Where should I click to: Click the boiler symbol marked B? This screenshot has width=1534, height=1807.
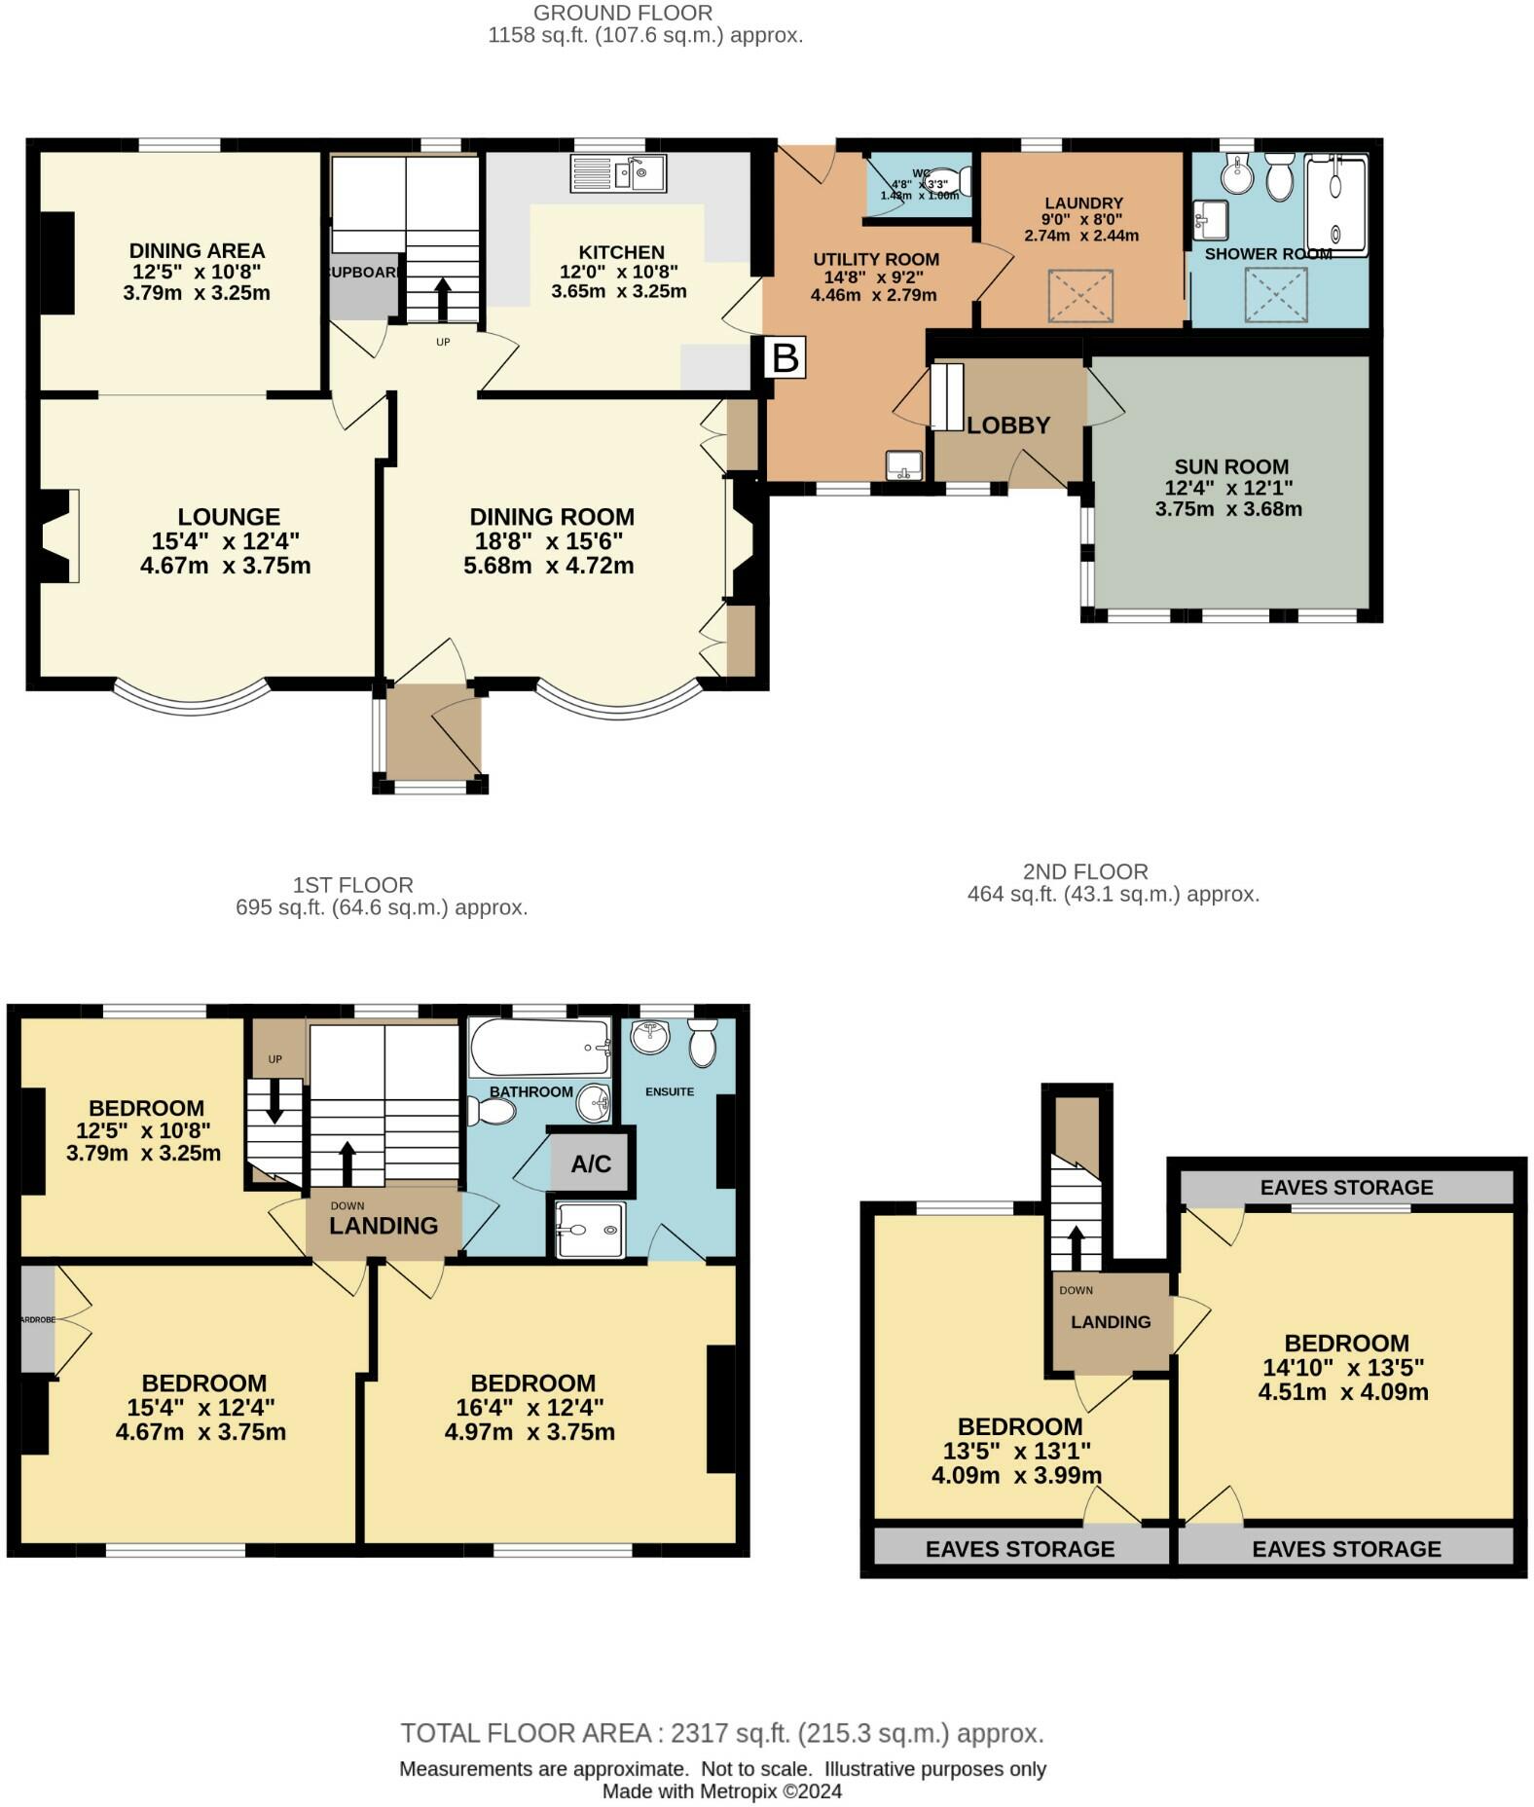785,357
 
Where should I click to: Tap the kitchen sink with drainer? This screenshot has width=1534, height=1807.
617,173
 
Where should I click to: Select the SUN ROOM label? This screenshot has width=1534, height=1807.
1230,466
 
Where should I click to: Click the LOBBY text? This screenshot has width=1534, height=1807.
1008,425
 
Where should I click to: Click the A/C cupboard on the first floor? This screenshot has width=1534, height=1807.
590,1163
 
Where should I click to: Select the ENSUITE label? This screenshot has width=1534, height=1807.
670,1091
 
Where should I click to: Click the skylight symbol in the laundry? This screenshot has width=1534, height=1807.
1079,296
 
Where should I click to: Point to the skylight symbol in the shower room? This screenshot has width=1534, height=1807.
1276,293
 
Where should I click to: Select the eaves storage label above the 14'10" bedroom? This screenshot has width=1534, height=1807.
1346,1187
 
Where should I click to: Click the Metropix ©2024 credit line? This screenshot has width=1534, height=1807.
721,1790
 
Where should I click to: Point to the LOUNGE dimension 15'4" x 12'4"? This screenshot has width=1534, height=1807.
225,541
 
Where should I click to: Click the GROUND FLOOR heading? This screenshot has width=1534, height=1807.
623,13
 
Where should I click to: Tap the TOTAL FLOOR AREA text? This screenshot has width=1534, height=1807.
721,1733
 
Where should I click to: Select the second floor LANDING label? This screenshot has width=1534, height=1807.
1111,1321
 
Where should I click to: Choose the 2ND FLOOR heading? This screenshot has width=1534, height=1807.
1085,871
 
